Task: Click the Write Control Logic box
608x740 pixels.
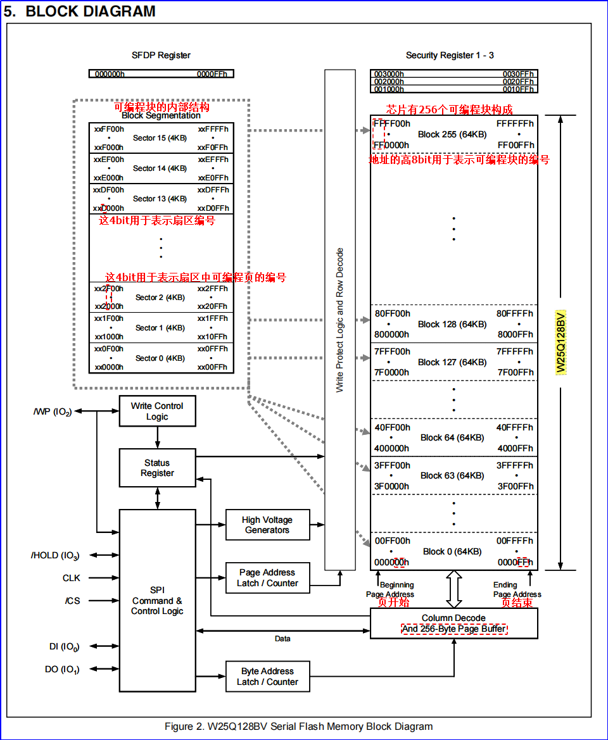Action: [x=157, y=411]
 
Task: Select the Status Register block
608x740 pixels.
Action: [x=157, y=468]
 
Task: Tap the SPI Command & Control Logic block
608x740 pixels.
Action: [x=157, y=600]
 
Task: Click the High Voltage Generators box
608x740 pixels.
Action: [x=268, y=525]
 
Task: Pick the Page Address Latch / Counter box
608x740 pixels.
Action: [x=268, y=578]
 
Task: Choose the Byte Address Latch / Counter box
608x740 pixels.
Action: [x=268, y=676]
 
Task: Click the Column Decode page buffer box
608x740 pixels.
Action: [x=453, y=624]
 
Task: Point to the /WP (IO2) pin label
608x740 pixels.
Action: [x=53, y=411]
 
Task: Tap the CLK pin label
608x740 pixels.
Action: [x=72, y=578]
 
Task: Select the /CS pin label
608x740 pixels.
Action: [x=72, y=601]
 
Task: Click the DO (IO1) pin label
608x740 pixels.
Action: [x=62, y=669]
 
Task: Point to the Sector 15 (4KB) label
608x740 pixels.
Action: [x=160, y=138]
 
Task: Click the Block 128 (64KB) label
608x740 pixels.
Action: [x=452, y=324]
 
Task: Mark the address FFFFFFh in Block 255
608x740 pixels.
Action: [x=515, y=123]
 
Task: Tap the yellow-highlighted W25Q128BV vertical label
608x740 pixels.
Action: [x=560, y=342]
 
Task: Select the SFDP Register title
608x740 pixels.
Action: [x=161, y=55]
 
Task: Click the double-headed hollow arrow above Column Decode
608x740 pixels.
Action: [x=453, y=589]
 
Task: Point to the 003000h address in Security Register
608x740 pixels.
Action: [x=389, y=74]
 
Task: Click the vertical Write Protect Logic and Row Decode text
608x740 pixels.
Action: [x=340, y=320]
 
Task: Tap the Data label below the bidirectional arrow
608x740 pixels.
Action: [x=282, y=639]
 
